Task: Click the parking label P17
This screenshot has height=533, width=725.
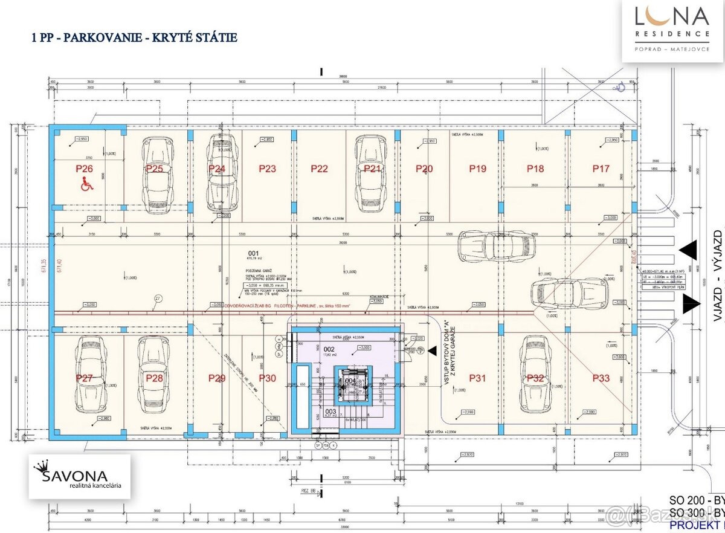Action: [x=601, y=169]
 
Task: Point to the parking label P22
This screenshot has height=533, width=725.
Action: [x=319, y=169]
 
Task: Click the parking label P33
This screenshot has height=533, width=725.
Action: [x=601, y=378]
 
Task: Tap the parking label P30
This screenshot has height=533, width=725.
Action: [x=267, y=378]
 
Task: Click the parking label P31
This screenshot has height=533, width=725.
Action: [x=477, y=378]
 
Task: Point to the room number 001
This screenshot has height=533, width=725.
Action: [x=253, y=253]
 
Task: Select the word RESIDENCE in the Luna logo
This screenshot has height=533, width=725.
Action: [x=672, y=34]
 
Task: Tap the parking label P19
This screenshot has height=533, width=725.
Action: [x=477, y=169]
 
